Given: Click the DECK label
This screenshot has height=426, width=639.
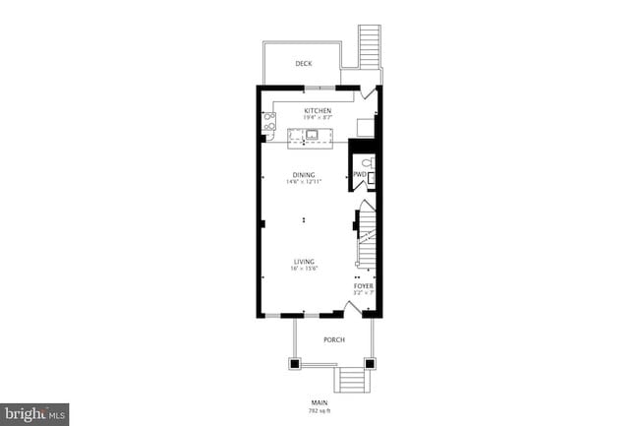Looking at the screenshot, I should click(x=304, y=64).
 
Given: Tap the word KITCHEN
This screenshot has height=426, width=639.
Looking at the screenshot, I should click(x=317, y=110).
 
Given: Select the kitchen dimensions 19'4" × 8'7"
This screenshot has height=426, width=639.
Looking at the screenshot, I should click(x=317, y=118).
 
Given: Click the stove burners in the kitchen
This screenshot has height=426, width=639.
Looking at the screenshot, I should click(x=268, y=123).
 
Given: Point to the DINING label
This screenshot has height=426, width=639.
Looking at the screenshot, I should click(x=304, y=175).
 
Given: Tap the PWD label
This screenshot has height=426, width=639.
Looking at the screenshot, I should click(x=359, y=175).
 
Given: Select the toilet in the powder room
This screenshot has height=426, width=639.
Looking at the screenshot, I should click(x=367, y=162).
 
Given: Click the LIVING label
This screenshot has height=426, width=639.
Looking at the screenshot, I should click(x=304, y=261).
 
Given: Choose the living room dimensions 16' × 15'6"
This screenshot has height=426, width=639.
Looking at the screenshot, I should click(x=304, y=269).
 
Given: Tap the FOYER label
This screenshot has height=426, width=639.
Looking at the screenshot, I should click(x=364, y=286).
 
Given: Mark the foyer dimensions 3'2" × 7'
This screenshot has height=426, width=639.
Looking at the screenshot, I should click(x=364, y=293).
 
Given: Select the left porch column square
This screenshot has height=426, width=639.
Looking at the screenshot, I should click(x=293, y=362).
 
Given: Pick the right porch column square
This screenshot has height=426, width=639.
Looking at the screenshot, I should click(x=372, y=362).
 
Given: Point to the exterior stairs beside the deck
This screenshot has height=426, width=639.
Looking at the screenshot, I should click(x=370, y=44).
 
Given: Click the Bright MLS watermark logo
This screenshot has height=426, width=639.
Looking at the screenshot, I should click(x=35, y=414).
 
